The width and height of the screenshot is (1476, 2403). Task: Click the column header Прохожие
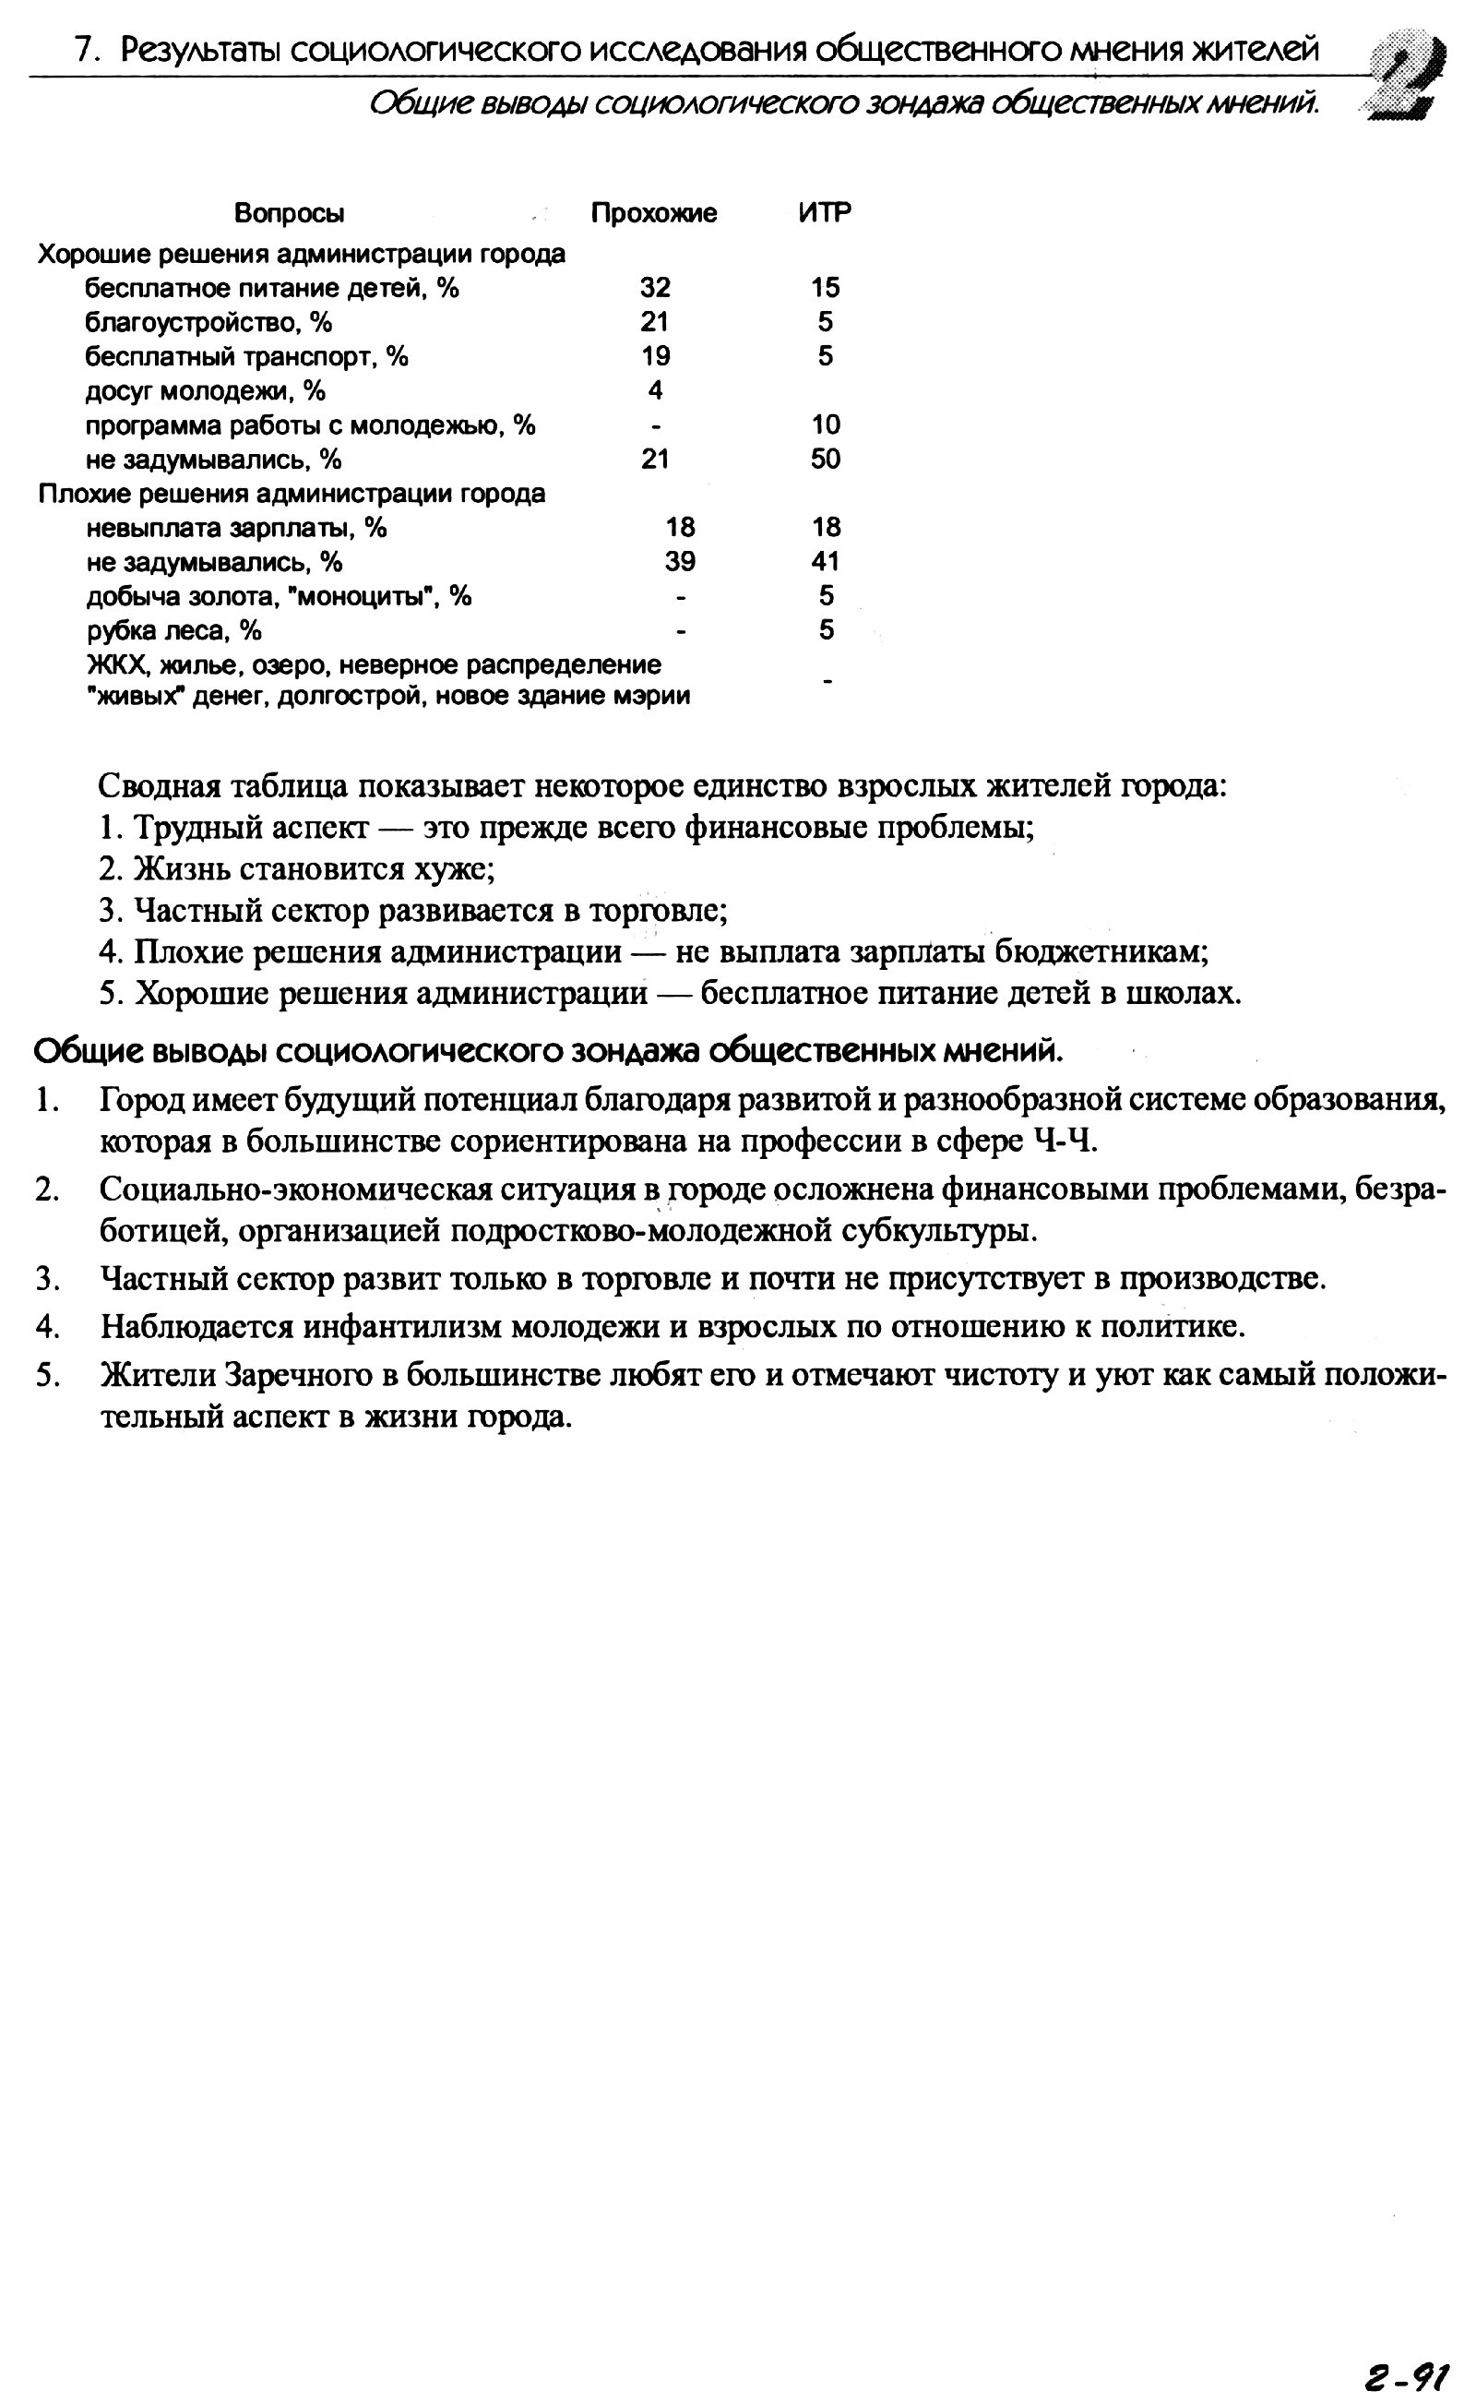tap(653, 213)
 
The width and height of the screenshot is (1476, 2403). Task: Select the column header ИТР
tap(825, 213)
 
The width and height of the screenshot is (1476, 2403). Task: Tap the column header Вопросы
tap(289, 213)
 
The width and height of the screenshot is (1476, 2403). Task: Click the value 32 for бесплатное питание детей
tap(655, 287)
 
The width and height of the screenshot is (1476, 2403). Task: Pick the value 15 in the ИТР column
tap(825, 287)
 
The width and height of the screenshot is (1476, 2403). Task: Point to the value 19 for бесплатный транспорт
tap(655, 356)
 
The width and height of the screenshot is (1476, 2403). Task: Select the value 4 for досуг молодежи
tap(655, 390)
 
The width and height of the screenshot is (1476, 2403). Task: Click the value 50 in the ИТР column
tap(825, 459)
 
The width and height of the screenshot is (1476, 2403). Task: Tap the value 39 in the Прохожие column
tap(681, 561)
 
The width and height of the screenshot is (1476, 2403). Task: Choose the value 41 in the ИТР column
tap(826, 561)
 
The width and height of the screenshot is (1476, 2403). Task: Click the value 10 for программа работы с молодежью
tap(825, 424)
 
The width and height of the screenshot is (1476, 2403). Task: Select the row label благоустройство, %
tap(208, 322)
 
